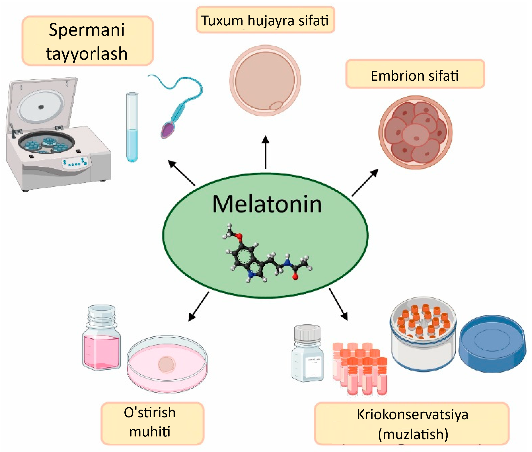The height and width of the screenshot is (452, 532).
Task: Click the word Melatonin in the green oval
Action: [x=267, y=204]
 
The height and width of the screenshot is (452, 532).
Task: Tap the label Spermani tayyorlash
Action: [x=87, y=41]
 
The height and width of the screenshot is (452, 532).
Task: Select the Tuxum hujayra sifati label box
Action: [x=265, y=20]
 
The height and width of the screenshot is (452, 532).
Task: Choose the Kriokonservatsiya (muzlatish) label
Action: [x=412, y=424]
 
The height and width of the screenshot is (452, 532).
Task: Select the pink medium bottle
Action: [x=101, y=338]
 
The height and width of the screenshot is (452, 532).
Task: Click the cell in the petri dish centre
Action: [x=166, y=364]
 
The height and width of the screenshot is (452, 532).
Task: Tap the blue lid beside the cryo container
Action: [x=492, y=343]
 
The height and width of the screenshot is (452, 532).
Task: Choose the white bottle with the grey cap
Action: [x=308, y=354]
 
